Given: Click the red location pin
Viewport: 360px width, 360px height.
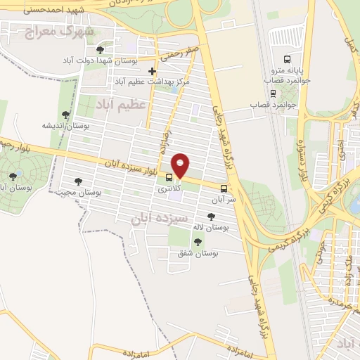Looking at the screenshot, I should pos(181,165).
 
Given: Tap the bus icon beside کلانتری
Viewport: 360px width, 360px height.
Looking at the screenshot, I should pos(169,177).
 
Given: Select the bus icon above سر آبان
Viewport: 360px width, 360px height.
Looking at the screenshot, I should pos(224,188).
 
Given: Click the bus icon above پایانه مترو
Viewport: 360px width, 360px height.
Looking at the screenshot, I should pos(286,60).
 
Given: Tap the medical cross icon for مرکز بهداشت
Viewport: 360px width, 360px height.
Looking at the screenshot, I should pos(152,71).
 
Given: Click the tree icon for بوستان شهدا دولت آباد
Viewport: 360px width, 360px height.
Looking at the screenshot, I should pos(100,50).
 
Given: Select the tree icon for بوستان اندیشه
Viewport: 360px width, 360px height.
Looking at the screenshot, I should pos(65,114).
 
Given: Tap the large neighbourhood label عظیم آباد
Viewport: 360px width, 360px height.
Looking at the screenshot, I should pos(124,104).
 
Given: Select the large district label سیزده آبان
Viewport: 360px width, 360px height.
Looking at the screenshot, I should pos(160,219).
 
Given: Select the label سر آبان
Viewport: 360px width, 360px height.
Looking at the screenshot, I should pos(224,199).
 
